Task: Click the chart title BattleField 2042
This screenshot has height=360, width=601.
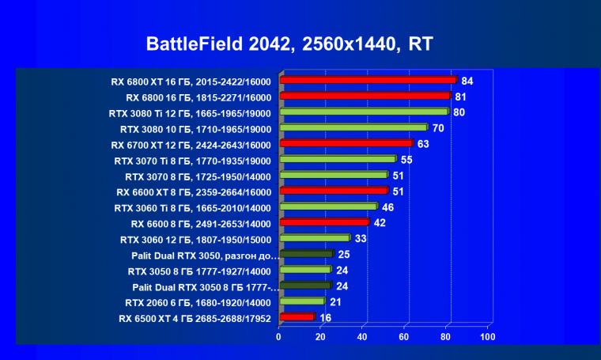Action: (289, 44)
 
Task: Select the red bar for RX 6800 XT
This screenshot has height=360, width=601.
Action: (368, 80)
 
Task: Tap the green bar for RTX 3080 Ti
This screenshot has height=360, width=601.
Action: (364, 112)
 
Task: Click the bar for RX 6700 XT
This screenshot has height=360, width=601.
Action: (346, 143)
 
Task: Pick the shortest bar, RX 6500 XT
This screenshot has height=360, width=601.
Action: (297, 317)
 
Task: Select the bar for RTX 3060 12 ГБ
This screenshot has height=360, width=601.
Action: (314, 238)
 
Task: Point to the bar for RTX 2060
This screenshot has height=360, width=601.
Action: (301, 301)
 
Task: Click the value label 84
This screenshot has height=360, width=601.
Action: (467, 81)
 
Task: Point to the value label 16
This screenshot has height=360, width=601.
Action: (325, 318)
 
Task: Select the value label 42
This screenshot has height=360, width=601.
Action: (380, 223)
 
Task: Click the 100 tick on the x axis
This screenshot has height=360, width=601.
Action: (488, 336)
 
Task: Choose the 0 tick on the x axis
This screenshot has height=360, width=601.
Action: (278, 336)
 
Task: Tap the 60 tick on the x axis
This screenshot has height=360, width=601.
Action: (405, 336)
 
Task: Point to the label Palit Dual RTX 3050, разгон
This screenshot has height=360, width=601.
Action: (205, 256)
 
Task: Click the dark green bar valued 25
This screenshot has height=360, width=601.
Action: (306, 254)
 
